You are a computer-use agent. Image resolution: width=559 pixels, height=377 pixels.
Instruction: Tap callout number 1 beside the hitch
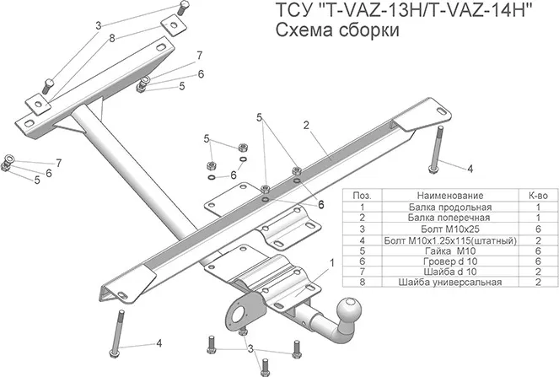[331, 262]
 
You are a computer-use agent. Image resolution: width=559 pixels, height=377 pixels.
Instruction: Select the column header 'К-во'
[536, 195]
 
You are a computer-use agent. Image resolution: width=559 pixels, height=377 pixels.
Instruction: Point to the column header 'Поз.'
[361, 195]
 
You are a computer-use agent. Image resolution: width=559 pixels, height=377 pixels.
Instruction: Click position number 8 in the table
[361, 283]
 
